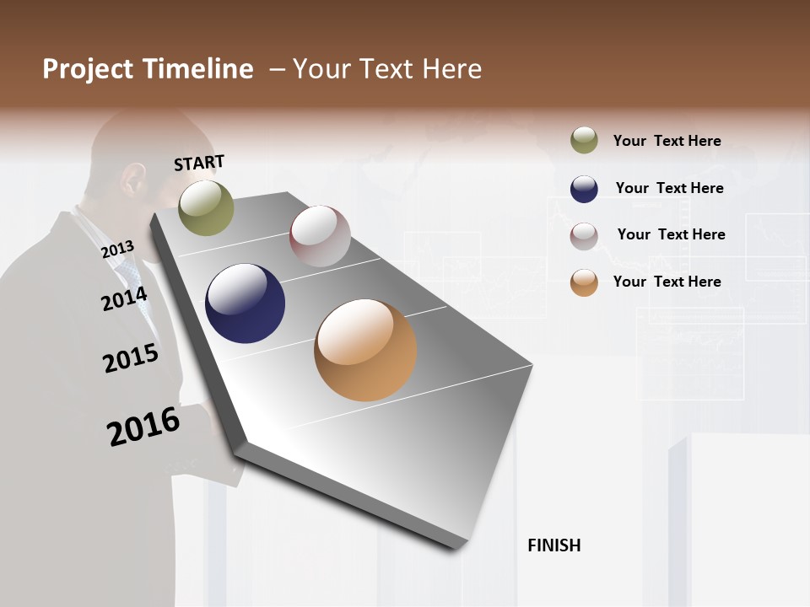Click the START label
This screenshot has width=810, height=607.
(199, 163)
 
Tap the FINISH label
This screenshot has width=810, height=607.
(554, 545)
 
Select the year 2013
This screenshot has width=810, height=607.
(117, 249)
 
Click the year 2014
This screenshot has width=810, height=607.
(124, 298)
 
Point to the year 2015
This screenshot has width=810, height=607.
(131, 358)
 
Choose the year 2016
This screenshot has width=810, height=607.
(143, 426)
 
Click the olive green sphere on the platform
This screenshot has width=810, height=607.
(206, 207)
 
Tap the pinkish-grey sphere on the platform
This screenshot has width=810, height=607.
(320, 236)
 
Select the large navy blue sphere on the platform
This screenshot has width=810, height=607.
(245, 303)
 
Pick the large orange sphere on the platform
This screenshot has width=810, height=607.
(365, 350)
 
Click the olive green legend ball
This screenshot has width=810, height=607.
(584, 140)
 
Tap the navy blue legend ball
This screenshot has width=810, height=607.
(584, 189)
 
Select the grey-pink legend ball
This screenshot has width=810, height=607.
(584, 236)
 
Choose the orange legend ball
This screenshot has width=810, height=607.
(584, 282)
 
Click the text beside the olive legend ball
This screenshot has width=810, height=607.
(667, 141)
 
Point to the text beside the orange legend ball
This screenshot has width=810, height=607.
(667, 282)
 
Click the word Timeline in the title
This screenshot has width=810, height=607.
(197, 69)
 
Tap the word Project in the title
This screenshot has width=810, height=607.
(89, 69)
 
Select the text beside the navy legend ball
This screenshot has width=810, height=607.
(669, 188)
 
